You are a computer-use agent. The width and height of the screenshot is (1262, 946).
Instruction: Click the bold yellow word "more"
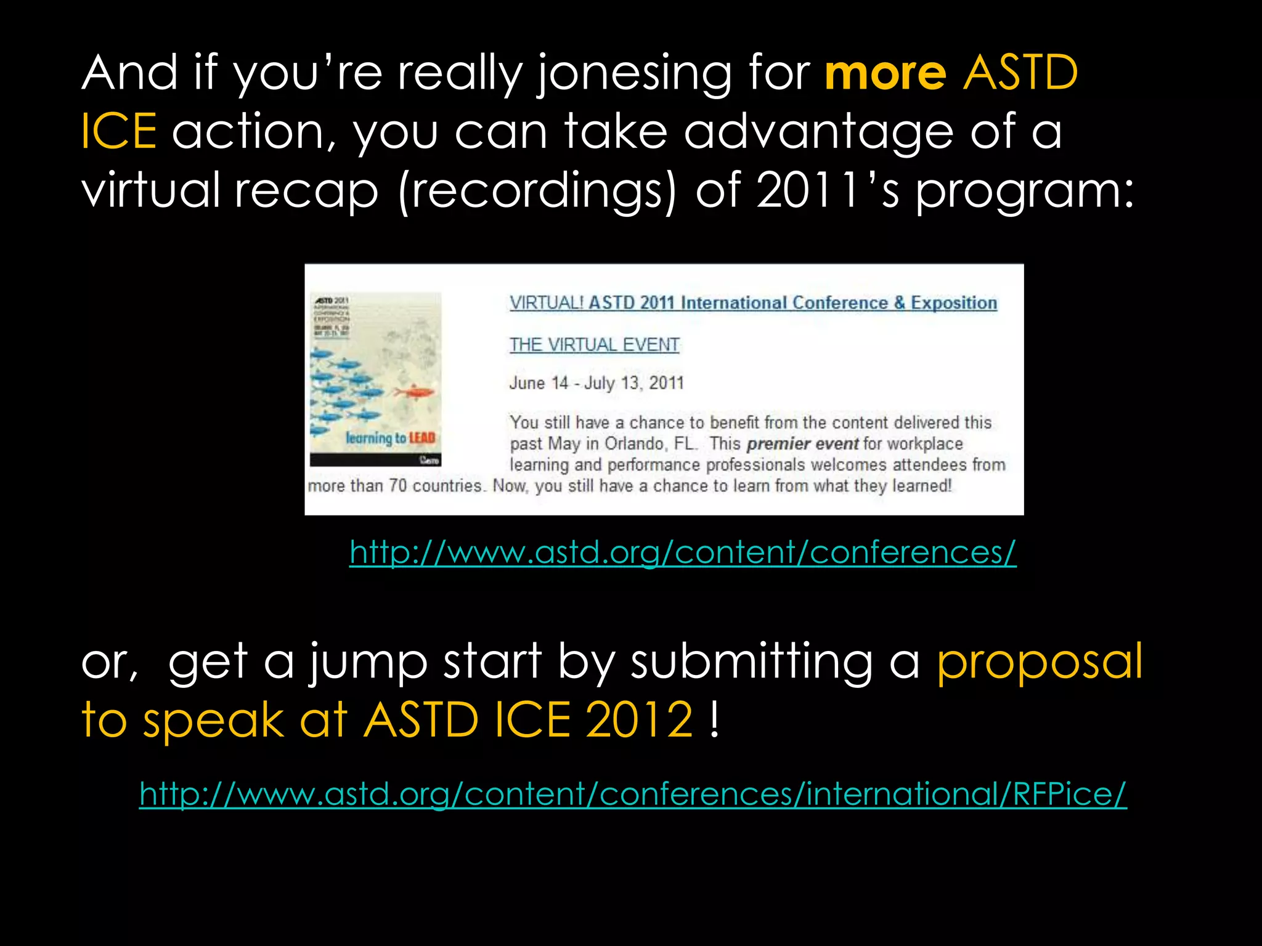click(885, 73)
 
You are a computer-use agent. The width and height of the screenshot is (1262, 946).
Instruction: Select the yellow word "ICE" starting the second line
click(118, 131)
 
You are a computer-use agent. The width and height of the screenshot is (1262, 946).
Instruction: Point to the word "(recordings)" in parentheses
click(537, 191)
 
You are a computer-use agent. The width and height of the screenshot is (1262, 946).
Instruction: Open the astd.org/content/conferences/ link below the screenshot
click(683, 552)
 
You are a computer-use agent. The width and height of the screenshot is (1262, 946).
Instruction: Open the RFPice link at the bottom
click(633, 793)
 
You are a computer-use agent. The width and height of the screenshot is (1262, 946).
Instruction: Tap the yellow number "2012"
click(639, 719)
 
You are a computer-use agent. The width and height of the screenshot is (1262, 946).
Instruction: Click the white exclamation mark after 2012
click(714, 719)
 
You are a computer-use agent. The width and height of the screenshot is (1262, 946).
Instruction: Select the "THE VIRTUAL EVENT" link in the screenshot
click(594, 345)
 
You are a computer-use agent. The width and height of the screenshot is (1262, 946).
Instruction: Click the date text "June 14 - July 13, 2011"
click(596, 383)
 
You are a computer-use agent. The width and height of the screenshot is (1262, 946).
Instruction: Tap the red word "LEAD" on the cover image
click(422, 438)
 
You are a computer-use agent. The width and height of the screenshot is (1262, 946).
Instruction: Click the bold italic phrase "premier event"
click(802, 443)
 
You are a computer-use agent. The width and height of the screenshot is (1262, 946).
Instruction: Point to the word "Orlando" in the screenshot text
click(633, 443)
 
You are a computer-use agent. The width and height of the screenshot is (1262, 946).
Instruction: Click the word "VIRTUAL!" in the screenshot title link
click(546, 303)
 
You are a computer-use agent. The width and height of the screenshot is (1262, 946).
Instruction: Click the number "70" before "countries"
click(397, 486)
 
